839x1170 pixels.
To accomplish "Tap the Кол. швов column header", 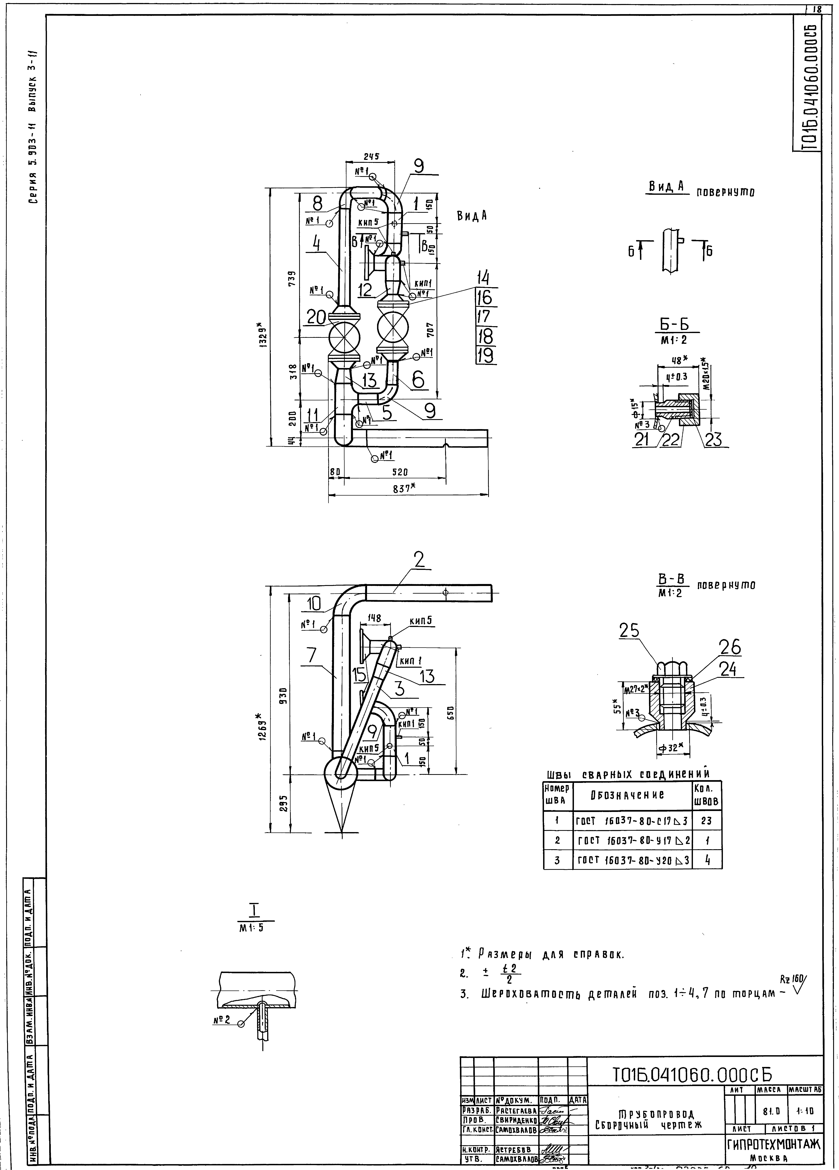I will tap(706, 795).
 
